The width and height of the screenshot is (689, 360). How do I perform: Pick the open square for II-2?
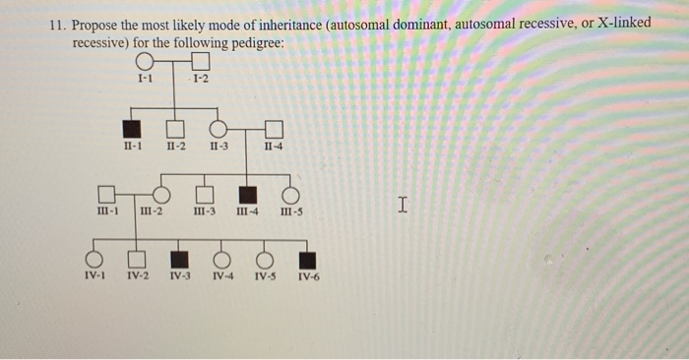pos(175,128)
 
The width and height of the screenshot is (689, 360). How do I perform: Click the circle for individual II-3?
pos(219,128)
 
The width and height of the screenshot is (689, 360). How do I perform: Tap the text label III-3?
pos(205,212)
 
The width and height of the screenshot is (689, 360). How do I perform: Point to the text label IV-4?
pos(223,276)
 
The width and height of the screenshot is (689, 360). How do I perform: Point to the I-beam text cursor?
pos(402,205)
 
